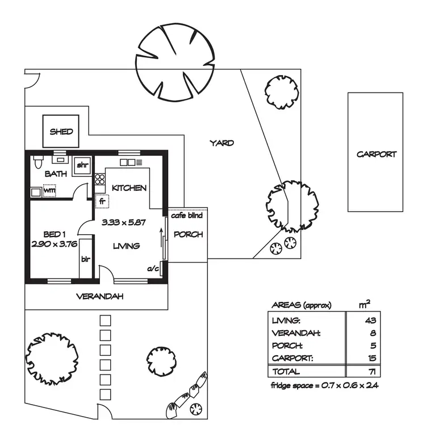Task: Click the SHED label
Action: click(61, 132)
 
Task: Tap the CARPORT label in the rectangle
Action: click(376, 154)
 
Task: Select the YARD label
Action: click(222, 143)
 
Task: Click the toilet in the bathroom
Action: click(37, 162)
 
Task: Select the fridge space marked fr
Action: click(102, 201)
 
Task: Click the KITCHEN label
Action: click(130, 188)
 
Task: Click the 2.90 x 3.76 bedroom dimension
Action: click(56, 245)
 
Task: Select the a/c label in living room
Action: click(152, 268)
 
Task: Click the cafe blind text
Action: click(186, 217)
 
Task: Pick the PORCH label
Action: click(188, 234)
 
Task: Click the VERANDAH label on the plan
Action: click(99, 297)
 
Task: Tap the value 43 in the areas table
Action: click(372, 321)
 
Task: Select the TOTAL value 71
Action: click(372, 371)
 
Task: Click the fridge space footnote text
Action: click(325, 385)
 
